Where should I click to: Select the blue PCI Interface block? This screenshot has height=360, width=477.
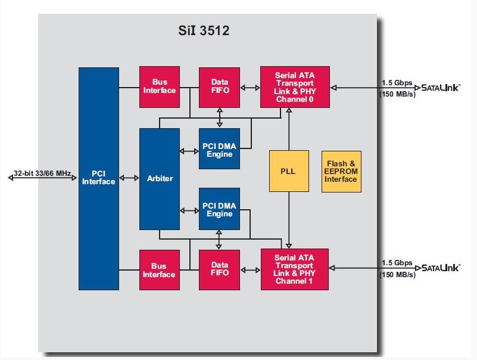[x=98, y=178]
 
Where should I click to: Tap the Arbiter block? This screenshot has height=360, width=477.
[x=160, y=178]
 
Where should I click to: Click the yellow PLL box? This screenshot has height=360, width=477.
[x=288, y=171]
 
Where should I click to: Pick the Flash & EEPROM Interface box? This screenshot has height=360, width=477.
[x=341, y=171]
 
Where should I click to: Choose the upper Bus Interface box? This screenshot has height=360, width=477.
[x=159, y=86]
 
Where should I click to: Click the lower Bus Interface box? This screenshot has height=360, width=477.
[x=159, y=270]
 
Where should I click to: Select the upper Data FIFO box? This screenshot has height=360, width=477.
[x=219, y=86]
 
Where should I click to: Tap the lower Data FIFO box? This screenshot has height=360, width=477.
[x=219, y=270]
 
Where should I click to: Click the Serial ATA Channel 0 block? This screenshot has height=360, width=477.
[x=295, y=87]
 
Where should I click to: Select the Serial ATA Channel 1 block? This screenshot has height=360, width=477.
[x=295, y=269]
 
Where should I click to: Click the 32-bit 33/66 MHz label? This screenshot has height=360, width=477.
[x=43, y=173]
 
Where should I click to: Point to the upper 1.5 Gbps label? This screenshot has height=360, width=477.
[x=397, y=82]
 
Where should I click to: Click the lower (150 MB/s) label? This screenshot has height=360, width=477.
[x=397, y=274]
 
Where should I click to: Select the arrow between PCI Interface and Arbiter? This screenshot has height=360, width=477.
[x=129, y=178]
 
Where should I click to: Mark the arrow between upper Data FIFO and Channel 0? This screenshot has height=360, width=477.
[x=250, y=88]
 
